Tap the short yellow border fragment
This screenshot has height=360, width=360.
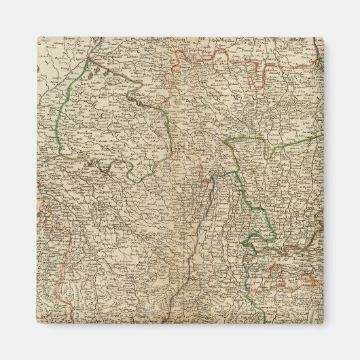coord(319,221)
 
